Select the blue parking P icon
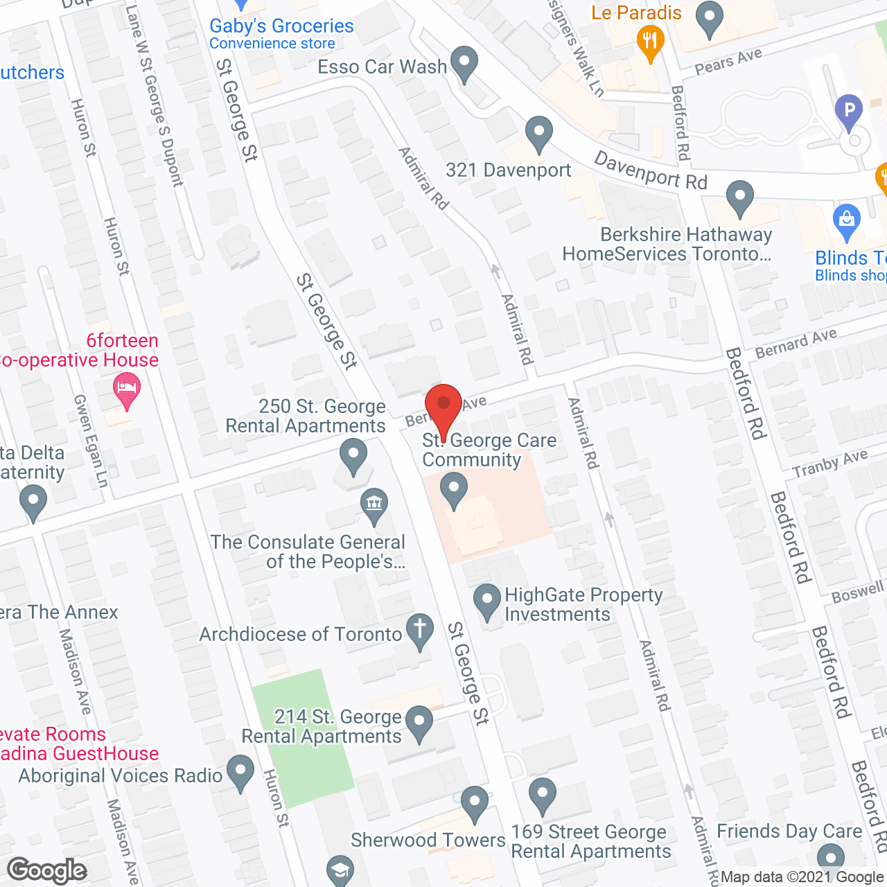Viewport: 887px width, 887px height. pos(849,111)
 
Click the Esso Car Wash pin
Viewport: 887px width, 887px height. pos(464,63)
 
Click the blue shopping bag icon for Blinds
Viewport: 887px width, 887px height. pos(846,220)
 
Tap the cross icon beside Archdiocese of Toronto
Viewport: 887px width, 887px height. pos(419,631)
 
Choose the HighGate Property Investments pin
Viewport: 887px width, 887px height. pos(487,601)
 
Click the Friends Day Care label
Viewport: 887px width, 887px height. pos(789,831)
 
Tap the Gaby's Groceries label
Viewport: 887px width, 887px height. pos(281,26)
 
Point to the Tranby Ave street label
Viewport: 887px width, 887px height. pos(829,464)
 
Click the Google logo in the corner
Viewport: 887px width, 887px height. pos(47,870)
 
